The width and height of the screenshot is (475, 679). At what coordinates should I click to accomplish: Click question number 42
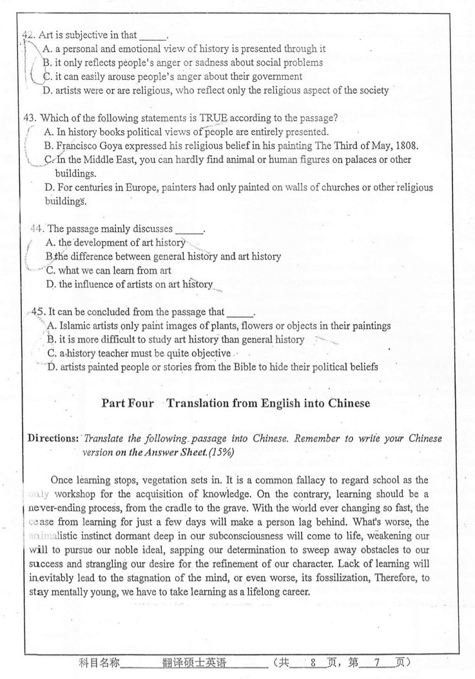click(x=29, y=35)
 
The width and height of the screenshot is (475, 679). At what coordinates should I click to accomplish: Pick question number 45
click(x=39, y=312)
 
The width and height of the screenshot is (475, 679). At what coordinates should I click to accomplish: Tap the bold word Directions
click(x=53, y=438)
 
